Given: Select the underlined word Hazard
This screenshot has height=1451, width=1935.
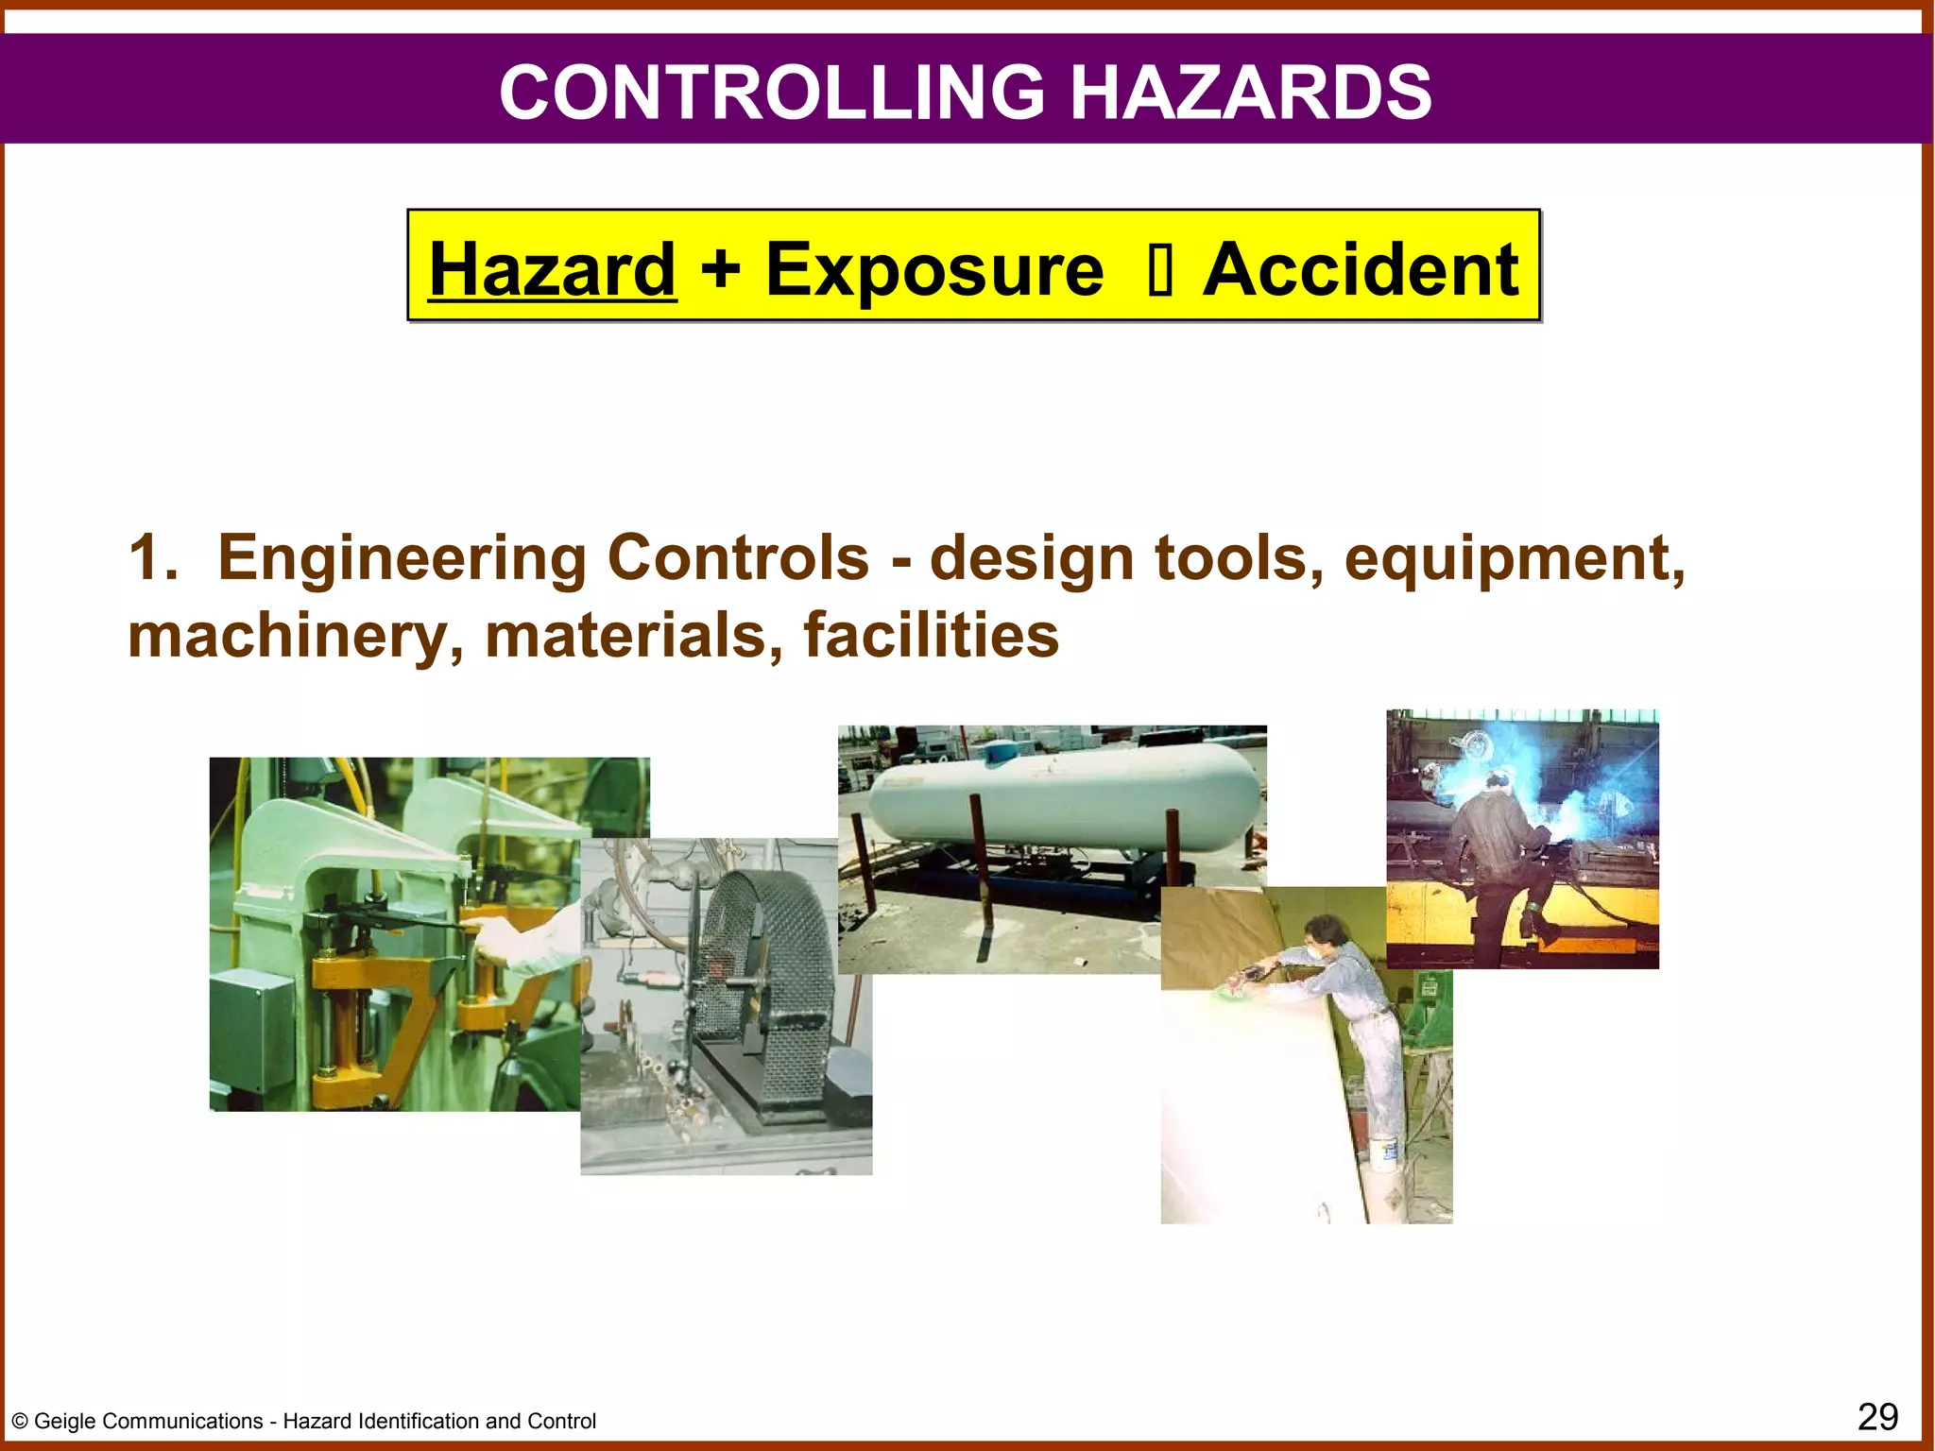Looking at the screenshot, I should click(553, 269).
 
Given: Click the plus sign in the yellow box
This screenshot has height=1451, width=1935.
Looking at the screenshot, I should click(720, 269).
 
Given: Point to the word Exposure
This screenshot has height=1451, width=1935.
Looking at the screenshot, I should click(934, 271).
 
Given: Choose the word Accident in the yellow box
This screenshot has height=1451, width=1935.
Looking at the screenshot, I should click(1361, 269).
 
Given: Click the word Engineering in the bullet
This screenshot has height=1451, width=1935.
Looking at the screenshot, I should click(402, 558).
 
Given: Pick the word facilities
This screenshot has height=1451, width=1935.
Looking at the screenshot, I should click(931, 635).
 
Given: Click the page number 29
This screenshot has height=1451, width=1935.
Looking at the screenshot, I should click(1877, 1417).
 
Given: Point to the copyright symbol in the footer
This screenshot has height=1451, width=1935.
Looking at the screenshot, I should click(20, 1422).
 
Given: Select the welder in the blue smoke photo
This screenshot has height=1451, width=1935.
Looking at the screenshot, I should click(1502, 850).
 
